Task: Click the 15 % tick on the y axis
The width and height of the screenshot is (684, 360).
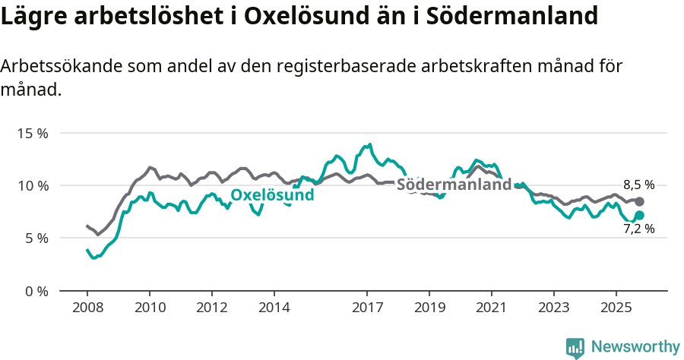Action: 32,133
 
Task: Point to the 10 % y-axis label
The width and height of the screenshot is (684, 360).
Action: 32,185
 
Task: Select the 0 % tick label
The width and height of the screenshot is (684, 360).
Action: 36,291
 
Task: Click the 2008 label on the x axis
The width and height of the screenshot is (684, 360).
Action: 87,308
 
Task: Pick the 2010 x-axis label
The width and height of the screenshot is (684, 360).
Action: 149,308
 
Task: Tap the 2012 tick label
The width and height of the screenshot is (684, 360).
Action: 211,308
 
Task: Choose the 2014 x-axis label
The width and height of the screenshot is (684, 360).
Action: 274,308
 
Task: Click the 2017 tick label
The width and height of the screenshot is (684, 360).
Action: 367,308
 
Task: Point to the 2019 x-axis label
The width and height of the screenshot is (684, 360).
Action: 429,308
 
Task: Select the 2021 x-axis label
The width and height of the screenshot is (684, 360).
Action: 492,308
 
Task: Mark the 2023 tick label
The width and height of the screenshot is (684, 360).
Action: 554,308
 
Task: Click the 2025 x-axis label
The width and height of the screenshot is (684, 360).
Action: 616,308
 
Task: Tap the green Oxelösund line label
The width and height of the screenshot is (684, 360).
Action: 272,195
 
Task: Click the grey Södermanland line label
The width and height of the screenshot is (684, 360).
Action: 454,185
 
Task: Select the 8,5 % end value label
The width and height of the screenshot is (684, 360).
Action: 638,185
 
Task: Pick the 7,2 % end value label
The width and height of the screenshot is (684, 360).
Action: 638,228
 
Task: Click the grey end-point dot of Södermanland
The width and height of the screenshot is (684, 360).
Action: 640,201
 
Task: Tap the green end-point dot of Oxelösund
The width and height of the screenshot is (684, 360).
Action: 640,216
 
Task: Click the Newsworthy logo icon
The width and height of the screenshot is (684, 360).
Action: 575,348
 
